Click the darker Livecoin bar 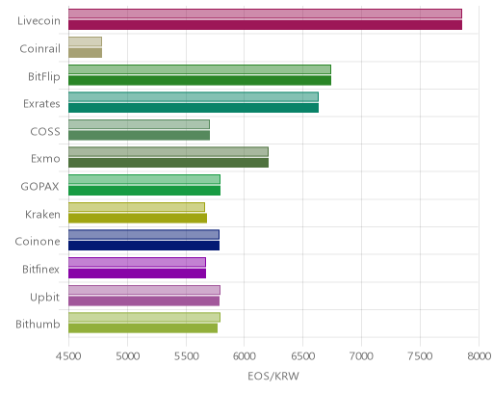(265, 25)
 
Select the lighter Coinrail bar (85, 41)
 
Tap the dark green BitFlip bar (199, 81)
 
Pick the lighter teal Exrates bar (194, 96)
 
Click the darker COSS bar (139, 136)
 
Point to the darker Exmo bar (169, 163)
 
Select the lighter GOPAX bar (144, 179)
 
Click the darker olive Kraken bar (138, 219)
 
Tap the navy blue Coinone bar (143, 246)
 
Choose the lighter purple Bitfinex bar (137, 262)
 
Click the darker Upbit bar (143, 301)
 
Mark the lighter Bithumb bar (144, 317)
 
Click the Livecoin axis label (39, 21)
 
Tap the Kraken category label (42, 214)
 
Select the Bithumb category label (38, 324)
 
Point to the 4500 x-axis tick (68, 356)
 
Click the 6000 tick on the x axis (245, 356)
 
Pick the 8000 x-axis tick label (480, 356)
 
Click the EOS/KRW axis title (273, 376)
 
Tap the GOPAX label (39, 187)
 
